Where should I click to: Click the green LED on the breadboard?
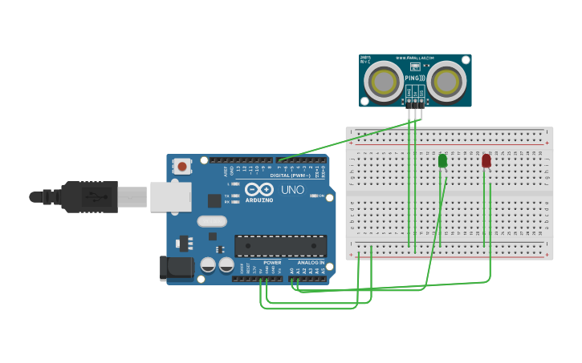tap(442, 161)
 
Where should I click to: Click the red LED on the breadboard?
tap(486, 161)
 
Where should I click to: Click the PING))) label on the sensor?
tap(415, 78)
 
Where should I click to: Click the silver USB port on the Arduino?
tap(170, 196)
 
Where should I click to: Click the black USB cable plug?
tap(88, 196)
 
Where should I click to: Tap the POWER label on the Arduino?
tap(272, 262)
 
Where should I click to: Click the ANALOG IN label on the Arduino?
tap(311, 262)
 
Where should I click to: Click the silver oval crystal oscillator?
tap(211, 221)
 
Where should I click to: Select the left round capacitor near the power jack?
tap(208, 264)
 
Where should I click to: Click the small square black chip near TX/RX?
tap(214, 200)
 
